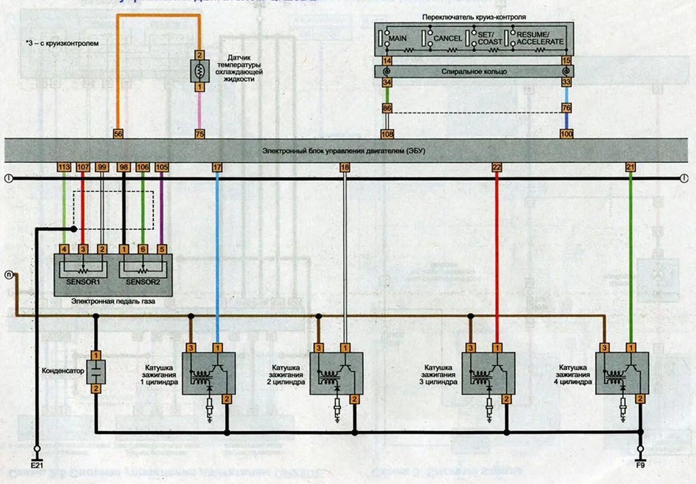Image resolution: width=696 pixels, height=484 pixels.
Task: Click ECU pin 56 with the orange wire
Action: pyautogui.click(x=118, y=134)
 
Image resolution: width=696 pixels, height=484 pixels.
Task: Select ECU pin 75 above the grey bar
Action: pyautogui.click(x=200, y=134)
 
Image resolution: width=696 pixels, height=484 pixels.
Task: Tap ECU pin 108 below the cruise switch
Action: pyautogui.click(x=387, y=134)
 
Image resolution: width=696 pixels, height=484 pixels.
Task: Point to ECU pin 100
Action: pyautogui.click(x=566, y=134)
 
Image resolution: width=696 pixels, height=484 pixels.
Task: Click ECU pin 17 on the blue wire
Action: pyautogui.click(x=217, y=168)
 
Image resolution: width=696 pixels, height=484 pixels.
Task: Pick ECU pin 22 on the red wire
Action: pyautogui.click(x=496, y=168)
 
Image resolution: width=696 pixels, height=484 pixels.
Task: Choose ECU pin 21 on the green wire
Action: pyautogui.click(x=631, y=168)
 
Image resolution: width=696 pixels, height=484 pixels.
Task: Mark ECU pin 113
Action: pyautogui.click(x=64, y=168)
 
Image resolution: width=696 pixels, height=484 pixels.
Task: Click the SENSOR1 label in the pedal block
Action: pyautogui.click(x=83, y=282)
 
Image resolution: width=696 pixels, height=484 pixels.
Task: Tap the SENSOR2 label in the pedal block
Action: pyautogui.click(x=143, y=282)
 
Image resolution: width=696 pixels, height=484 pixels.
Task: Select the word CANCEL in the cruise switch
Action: pyautogui.click(x=447, y=38)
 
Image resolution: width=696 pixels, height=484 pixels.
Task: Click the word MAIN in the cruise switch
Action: pyautogui.click(x=397, y=38)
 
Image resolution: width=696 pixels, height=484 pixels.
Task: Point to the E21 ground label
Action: pyautogui.click(x=36, y=466)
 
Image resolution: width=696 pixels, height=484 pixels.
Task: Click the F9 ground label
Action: pyautogui.click(x=641, y=466)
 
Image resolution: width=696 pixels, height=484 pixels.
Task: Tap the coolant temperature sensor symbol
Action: pyautogui.click(x=200, y=71)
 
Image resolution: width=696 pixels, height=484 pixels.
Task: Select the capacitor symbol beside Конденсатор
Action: pyautogui.click(x=96, y=372)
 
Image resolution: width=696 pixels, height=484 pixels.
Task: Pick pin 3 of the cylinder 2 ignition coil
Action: pyautogui.click(x=318, y=348)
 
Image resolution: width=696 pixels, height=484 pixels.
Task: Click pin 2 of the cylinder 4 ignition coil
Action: pyautogui.click(x=640, y=399)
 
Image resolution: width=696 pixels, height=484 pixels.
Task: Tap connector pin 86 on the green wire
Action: pyautogui.click(x=387, y=109)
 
